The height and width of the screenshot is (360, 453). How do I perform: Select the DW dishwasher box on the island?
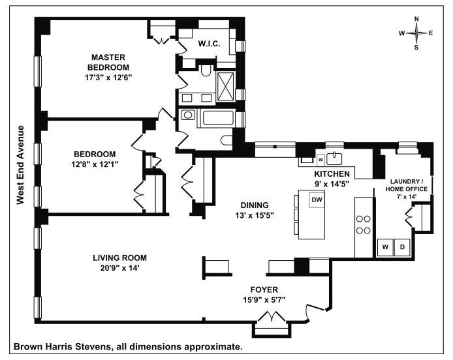point(317,200)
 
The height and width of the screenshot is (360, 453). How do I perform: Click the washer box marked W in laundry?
point(385,247)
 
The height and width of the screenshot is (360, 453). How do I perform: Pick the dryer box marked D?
point(403,247)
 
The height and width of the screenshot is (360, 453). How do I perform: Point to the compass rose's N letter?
point(417,19)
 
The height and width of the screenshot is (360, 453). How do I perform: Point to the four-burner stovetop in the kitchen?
point(363,224)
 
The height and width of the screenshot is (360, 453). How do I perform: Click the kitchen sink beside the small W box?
point(336,158)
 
